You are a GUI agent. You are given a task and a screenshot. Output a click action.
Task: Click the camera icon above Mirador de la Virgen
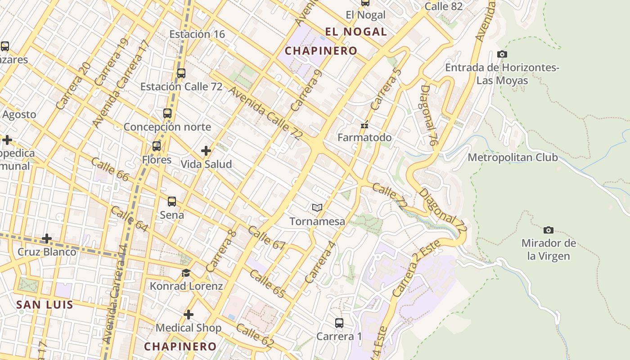(x=548, y=230)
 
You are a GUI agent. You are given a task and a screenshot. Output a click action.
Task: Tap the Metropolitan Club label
(x=513, y=157)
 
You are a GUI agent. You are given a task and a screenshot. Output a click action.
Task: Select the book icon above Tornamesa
(x=317, y=207)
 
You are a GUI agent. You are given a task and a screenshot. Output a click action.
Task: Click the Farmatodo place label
(x=364, y=137)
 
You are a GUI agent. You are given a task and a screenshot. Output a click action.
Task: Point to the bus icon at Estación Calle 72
(x=181, y=73)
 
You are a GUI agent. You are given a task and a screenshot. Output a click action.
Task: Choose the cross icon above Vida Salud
(x=206, y=151)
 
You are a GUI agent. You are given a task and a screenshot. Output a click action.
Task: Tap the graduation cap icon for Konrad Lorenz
(x=186, y=273)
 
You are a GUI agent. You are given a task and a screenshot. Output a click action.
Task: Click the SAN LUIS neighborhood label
(x=45, y=305)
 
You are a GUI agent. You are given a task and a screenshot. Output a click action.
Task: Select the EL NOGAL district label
(x=356, y=31)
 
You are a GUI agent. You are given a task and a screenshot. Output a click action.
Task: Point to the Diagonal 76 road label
(x=429, y=115)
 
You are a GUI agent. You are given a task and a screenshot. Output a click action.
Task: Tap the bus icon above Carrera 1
(x=339, y=323)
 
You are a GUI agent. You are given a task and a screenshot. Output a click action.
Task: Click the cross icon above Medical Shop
(x=189, y=314)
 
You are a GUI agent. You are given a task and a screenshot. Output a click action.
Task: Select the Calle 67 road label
(x=266, y=238)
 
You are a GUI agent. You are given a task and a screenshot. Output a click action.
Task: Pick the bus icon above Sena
(x=171, y=201)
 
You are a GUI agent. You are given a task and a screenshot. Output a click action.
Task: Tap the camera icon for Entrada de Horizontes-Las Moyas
(x=502, y=54)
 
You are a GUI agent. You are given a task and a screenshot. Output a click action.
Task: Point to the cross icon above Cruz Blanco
(x=47, y=238)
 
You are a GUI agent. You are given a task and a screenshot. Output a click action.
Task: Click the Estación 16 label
(x=197, y=34)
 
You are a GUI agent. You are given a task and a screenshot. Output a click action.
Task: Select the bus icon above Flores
(x=156, y=146)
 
